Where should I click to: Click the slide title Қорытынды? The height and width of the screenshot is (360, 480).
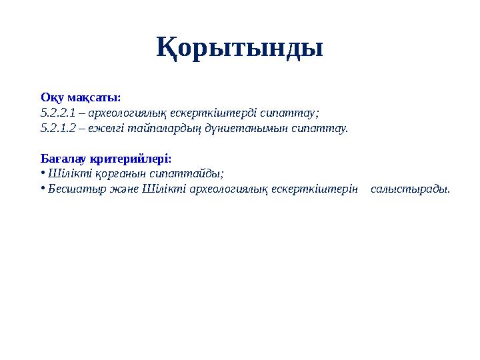click(240, 48)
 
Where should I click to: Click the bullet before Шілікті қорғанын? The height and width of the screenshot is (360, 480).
click(42, 173)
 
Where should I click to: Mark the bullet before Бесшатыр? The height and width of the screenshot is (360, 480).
click(42, 189)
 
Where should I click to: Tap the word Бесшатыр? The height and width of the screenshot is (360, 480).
click(72, 189)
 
